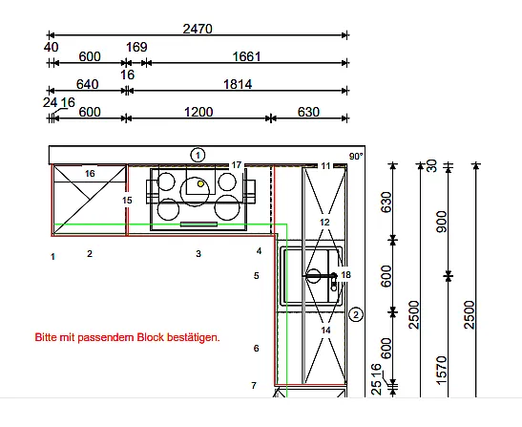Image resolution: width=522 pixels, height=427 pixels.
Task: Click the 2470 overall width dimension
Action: [198, 29]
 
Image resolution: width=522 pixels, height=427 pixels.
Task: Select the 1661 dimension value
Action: [246, 56]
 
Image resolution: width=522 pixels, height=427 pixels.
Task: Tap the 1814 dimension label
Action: [238, 84]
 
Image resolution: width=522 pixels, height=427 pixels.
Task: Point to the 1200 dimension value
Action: [198, 112]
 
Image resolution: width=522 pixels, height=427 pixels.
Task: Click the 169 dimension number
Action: [136, 47]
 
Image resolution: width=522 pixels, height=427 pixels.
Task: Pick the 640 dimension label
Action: [87, 84]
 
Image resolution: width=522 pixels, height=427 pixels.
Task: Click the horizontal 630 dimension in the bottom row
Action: [308, 112]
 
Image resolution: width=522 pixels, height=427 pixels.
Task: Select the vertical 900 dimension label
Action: [442, 222]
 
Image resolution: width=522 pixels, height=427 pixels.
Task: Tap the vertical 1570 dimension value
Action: [442, 370]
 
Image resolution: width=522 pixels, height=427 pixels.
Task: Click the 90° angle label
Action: [356, 156]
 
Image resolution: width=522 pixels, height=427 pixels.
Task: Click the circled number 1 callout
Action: [198, 155]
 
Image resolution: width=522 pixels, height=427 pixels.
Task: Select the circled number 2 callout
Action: [356, 314]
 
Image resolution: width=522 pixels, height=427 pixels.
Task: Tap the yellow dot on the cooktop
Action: [200, 183]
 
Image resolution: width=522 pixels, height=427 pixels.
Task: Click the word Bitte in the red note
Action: [46, 337]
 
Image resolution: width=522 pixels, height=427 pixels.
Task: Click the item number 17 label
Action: [236, 165]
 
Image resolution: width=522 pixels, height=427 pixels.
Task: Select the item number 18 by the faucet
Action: [345, 275]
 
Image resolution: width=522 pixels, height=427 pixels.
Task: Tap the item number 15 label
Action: [127, 201]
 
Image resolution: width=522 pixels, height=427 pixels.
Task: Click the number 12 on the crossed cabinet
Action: [324, 222]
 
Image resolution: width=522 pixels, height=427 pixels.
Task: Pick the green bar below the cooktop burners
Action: [198, 224]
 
